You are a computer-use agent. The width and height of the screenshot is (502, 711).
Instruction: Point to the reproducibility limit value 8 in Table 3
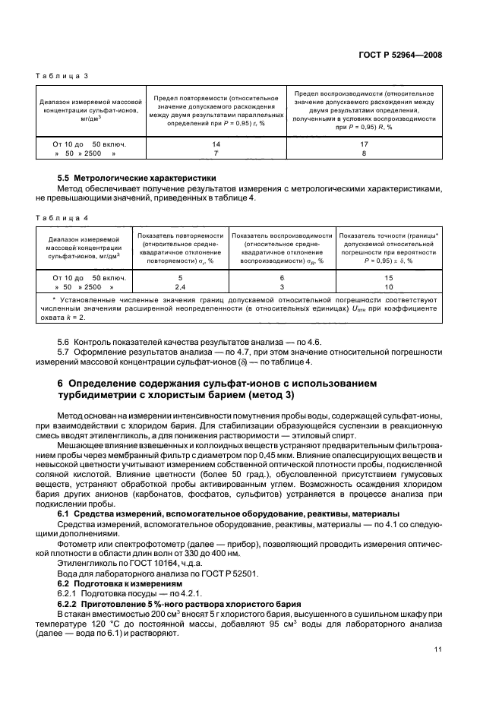click(364, 153)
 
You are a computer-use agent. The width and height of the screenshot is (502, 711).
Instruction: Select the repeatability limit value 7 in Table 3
click(216, 153)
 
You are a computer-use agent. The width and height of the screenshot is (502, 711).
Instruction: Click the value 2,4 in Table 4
click(181, 288)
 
